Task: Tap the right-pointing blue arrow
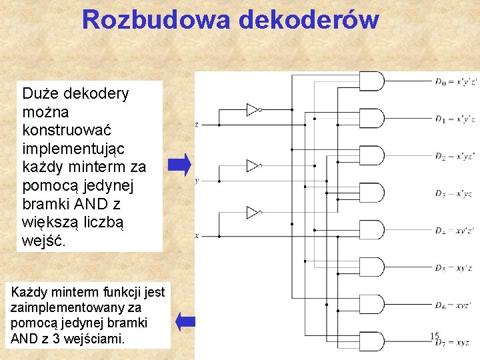(x=179, y=164)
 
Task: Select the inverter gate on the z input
(x=253, y=109)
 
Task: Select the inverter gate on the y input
(x=253, y=165)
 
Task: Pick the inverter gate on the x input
(x=253, y=213)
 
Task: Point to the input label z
(x=197, y=125)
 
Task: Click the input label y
(x=197, y=181)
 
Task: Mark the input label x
(x=197, y=235)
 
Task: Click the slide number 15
(x=435, y=337)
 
